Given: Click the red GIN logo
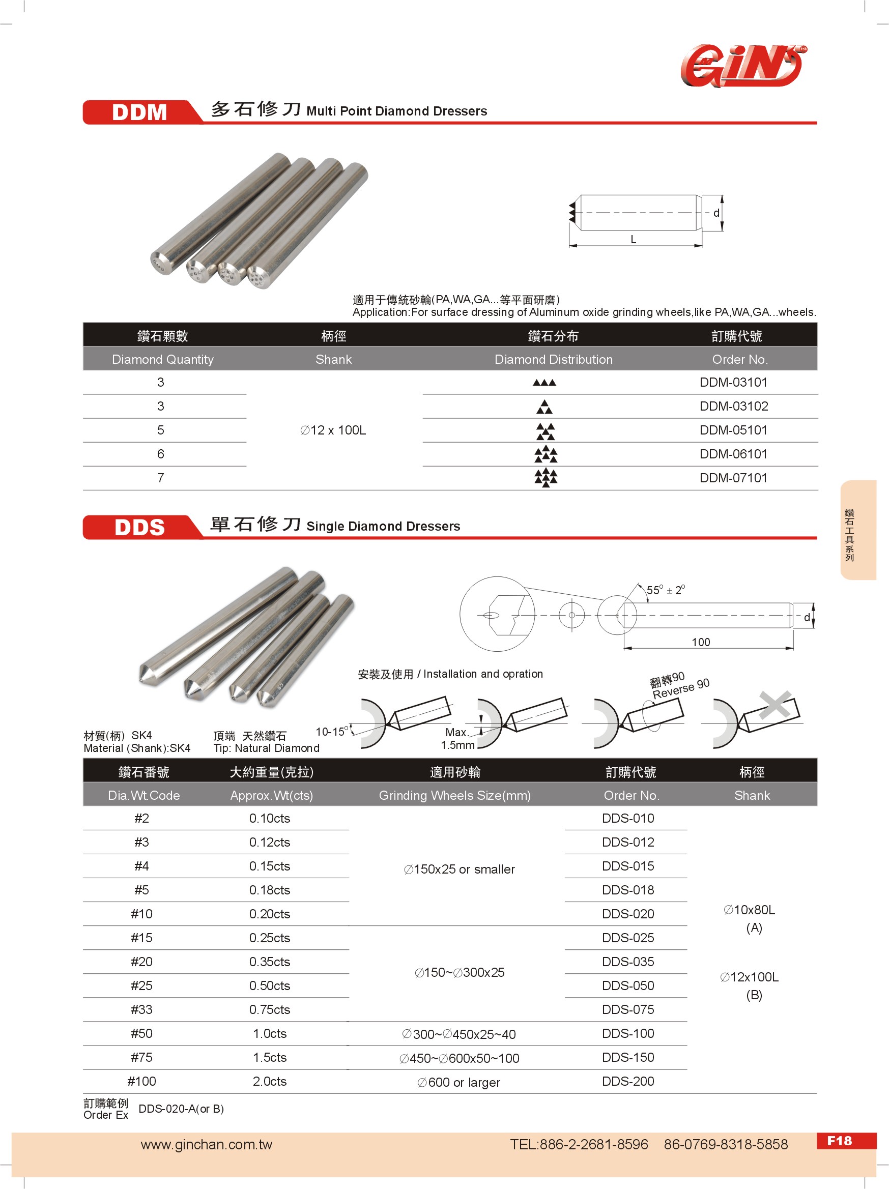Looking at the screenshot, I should [742, 66].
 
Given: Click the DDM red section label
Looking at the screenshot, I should [139, 112].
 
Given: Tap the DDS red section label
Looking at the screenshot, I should [139, 527].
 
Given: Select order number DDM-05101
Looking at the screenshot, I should [733, 430].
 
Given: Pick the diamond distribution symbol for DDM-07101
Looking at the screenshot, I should [546, 477].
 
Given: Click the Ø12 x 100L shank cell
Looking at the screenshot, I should [333, 430].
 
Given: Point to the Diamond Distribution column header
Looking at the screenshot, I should [553, 359].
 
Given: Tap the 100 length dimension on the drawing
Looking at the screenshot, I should [700, 642].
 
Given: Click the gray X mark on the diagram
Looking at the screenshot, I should [775, 704].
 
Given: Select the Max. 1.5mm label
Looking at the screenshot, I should [457, 739].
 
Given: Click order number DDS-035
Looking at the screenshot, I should [628, 962].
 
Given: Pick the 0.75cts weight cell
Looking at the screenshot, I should [269, 1009].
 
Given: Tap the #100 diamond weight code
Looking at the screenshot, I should [141, 1081].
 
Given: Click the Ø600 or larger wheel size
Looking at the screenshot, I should [458, 1082].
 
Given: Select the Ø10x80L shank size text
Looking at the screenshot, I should [749, 910].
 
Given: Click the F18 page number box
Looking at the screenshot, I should [839, 1141].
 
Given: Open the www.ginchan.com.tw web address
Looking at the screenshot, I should [207, 1144].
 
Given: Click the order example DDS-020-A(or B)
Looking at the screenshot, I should [181, 1109].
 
